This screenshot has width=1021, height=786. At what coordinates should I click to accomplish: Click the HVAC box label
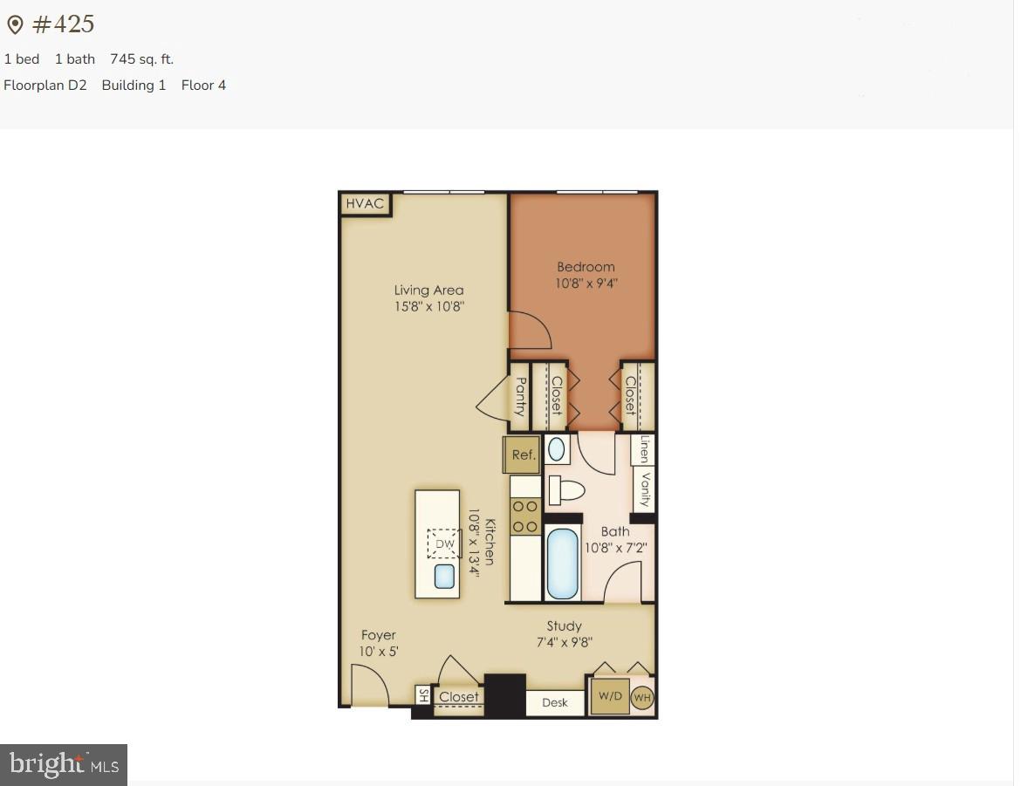[365, 204]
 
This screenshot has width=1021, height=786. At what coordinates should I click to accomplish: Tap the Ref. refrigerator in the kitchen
[523, 455]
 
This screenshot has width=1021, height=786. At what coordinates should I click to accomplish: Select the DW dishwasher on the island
[445, 544]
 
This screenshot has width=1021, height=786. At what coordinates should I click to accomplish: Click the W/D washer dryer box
[610, 697]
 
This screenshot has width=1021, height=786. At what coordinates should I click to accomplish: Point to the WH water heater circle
[642, 698]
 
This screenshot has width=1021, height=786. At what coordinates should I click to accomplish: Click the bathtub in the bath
[563, 564]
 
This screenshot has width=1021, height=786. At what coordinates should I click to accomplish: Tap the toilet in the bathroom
[565, 490]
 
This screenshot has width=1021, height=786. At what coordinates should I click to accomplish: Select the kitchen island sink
[445, 576]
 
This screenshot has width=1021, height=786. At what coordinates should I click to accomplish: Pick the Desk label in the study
[555, 702]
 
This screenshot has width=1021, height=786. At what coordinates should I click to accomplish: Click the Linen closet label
[644, 449]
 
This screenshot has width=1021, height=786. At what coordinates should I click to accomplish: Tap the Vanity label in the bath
[646, 489]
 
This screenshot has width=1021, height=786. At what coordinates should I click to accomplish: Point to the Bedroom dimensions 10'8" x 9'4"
[586, 283]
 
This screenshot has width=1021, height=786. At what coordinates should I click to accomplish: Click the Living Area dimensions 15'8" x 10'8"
[428, 306]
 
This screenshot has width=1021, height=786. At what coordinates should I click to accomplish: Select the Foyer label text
[379, 635]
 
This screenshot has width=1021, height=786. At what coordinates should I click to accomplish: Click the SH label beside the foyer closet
[423, 695]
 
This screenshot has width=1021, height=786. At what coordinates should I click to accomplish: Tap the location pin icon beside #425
[15, 25]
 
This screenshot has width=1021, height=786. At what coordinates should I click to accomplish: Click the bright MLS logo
[64, 765]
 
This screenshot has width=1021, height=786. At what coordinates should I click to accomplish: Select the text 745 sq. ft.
[141, 59]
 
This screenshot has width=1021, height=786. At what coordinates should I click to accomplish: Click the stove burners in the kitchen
[525, 516]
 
